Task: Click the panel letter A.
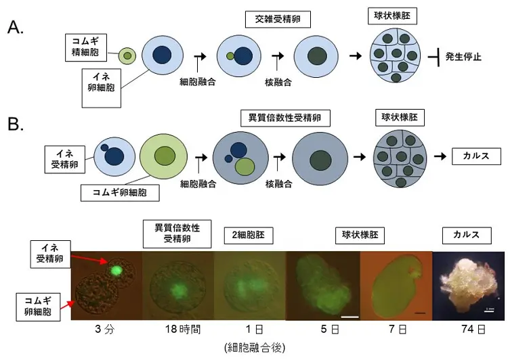click(x=15, y=27)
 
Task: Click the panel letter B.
click(x=15, y=123)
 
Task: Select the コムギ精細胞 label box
click(x=86, y=47)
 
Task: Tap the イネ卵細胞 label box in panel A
click(x=102, y=88)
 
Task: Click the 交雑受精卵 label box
click(x=278, y=20)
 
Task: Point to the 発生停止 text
click(x=463, y=57)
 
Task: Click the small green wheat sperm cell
click(x=127, y=55)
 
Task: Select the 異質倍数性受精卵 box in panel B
click(x=285, y=118)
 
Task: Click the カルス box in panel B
click(x=476, y=156)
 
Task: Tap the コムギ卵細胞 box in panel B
click(x=120, y=193)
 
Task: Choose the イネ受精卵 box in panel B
click(x=65, y=159)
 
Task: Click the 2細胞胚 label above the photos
click(x=249, y=235)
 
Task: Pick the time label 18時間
click(x=183, y=330)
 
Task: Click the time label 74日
click(x=473, y=330)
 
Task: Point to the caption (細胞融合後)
click(x=255, y=348)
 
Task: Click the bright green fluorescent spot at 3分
click(x=116, y=270)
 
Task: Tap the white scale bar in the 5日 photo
click(x=350, y=317)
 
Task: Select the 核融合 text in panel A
click(x=278, y=83)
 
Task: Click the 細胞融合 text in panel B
click(x=198, y=184)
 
